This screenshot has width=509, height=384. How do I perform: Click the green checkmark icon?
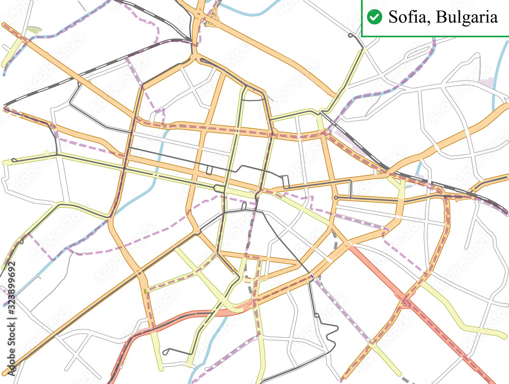374,17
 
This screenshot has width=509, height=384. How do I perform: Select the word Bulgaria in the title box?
466,17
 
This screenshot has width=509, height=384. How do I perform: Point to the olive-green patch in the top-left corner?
33,31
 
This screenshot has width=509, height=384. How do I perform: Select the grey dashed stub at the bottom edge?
405,379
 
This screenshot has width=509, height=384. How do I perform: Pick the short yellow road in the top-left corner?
13,53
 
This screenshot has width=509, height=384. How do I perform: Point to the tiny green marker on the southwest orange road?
146,291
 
